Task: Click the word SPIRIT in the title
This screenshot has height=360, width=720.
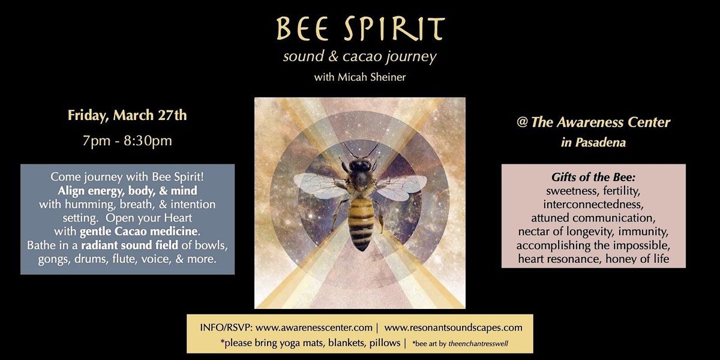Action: tap(395, 28)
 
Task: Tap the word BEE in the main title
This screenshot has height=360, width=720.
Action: tap(302, 29)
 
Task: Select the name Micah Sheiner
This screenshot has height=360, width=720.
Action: tap(371, 77)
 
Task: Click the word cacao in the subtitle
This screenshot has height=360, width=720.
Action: tap(362, 56)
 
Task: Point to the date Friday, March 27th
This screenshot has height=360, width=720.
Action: tap(127, 115)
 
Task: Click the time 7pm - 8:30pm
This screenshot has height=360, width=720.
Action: tap(127, 141)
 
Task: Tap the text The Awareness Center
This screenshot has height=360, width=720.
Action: tap(601, 122)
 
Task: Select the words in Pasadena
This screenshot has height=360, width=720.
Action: tap(593, 142)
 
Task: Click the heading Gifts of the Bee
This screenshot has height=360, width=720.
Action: tap(593, 177)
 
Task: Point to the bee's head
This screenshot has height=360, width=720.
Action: tap(360, 165)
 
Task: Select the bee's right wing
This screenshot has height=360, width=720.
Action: tap(402, 187)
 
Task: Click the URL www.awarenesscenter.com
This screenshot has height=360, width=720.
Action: tap(314, 328)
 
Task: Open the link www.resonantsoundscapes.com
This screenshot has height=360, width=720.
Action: tap(453, 328)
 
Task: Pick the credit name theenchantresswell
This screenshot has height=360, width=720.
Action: tap(478, 344)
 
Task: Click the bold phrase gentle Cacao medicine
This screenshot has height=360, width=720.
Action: tap(139, 232)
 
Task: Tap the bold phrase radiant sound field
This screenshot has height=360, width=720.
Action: tap(129, 245)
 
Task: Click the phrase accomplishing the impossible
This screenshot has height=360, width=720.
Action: tap(593, 245)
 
